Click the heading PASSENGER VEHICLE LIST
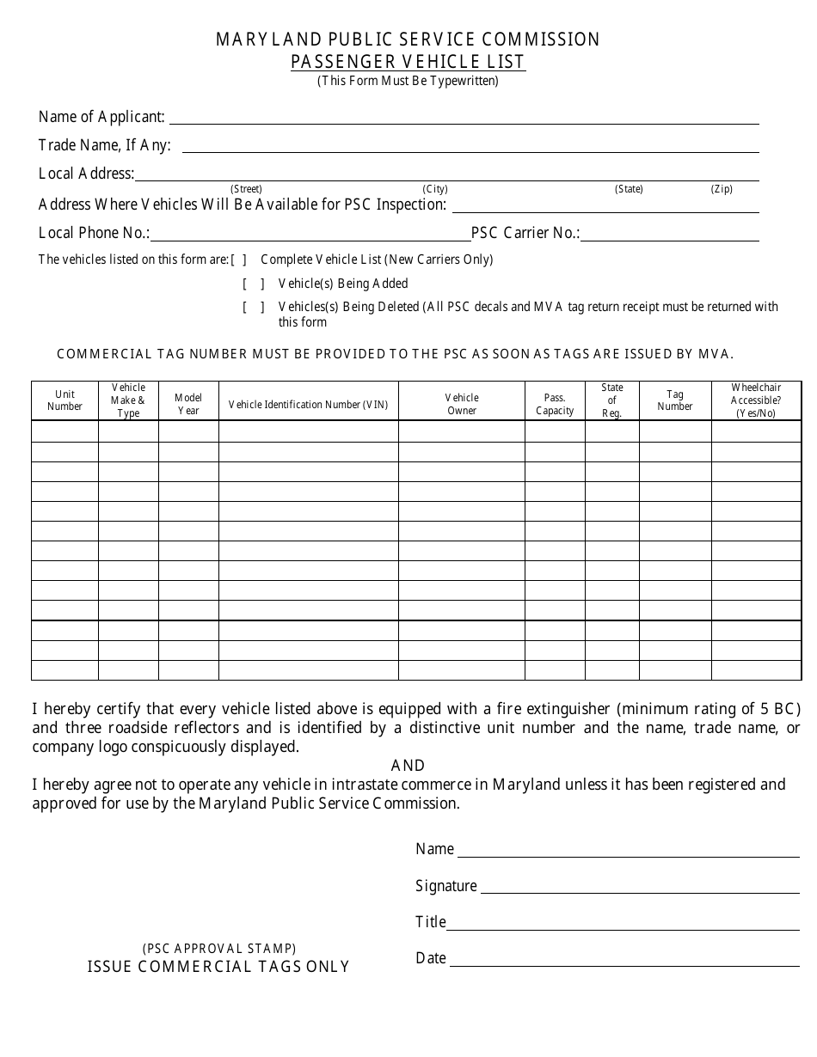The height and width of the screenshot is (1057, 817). (408, 62)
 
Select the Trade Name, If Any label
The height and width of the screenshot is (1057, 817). (104, 145)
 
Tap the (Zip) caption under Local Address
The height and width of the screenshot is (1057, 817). (721, 189)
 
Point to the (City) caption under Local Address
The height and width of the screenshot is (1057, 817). (434, 189)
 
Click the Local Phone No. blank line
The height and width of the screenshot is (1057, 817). (310, 236)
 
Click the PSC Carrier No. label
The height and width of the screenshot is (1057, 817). (525, 233)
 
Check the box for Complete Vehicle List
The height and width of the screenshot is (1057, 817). (238, 260)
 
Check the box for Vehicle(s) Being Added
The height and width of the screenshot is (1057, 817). (254, 284)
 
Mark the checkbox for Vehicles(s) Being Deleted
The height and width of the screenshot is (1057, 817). (254, 307)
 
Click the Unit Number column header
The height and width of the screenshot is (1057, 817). (64, 400)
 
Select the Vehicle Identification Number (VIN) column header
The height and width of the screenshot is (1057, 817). (308, 405)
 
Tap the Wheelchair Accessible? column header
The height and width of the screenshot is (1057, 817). (756, 400)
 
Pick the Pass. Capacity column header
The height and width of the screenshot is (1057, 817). (555, 405)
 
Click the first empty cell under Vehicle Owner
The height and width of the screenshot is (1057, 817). (461, 431)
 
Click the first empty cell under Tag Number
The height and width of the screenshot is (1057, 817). (675, 431)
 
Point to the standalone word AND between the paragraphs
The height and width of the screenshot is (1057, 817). (408, 766)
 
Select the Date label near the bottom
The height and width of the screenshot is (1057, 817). (430, 958)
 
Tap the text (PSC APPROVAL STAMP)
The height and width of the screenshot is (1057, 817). (219, 949)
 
